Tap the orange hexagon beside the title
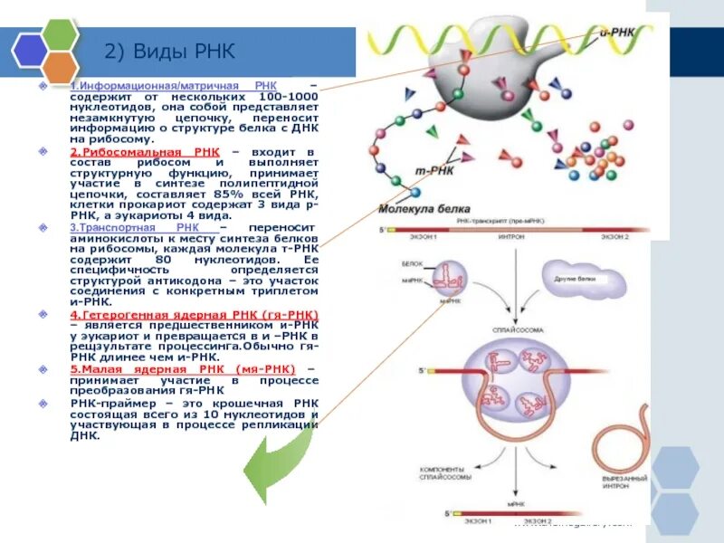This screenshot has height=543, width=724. pyautogui.click(x=61, y=65)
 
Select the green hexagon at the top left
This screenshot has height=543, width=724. pyautogui.click(x=61, y=34)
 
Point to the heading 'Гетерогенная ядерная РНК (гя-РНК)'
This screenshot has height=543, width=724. pyautogui.click(x=195, y=313)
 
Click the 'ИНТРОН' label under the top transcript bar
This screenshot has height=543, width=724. pyautogui.click(x=512, y=237)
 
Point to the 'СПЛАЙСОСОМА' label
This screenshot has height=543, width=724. pyautogui.click(x=512, y=331)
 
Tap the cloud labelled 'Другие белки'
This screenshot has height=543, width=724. pyautogui.click(x=578, y=279)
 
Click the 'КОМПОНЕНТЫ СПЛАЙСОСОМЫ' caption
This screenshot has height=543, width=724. pyautogui.click(x=443, y=473)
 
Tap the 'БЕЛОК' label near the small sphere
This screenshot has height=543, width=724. pyautogui.click(x=411, y=263)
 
